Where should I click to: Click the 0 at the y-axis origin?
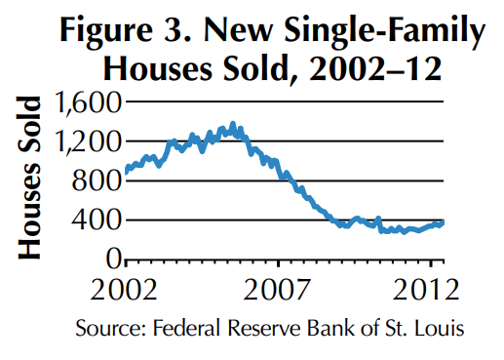(x=113, y=259)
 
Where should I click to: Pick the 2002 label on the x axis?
(x=126, y=290)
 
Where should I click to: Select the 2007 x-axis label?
(x=278, y=290)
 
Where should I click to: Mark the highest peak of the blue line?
(x=232, y=125)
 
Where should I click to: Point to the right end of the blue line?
(x=443, y=222)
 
